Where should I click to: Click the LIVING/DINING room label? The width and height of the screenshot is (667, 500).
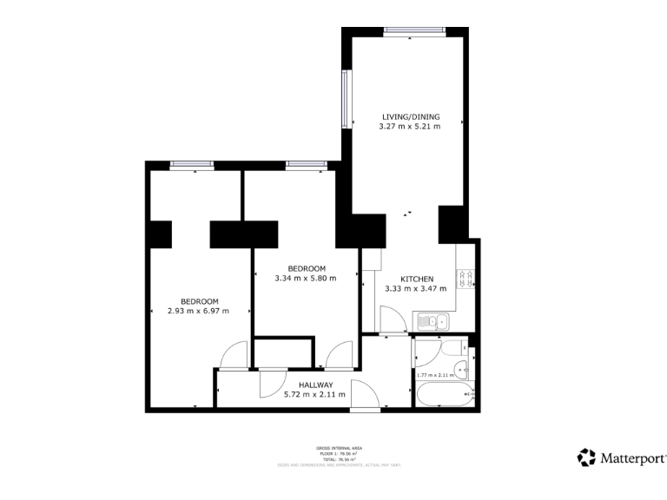coord(411,116)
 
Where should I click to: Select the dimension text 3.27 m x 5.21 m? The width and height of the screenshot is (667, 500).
coord(410,127)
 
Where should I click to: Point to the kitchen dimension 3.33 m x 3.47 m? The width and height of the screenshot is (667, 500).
coord(415,289)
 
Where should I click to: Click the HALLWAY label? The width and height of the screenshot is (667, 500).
coord(315,385)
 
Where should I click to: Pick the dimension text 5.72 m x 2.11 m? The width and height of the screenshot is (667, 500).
coord(314,395)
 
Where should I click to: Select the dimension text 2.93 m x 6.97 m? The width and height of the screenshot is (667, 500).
coord(198,311)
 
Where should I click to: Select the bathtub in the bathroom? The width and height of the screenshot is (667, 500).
coord(443,395)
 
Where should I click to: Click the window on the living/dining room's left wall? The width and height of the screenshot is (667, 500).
coord(346,96)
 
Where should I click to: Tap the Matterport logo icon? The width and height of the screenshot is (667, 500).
coord(587,457)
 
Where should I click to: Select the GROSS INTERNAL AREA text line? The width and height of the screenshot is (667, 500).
coord(339,447)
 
